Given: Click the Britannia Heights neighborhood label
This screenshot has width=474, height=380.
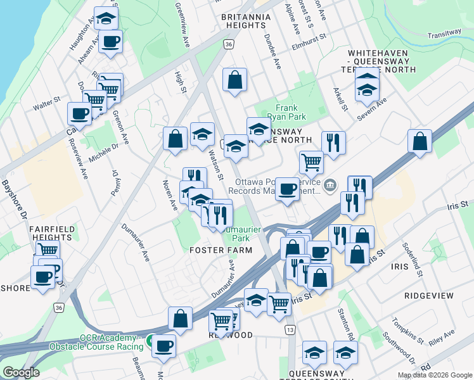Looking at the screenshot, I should click(x=243, y=21).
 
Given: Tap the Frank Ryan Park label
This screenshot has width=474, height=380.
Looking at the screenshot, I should click(x=291, y=113).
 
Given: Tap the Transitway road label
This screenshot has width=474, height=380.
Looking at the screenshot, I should click(x=445, y=33).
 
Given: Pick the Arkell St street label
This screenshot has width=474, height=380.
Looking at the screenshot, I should click(x=340, y=99).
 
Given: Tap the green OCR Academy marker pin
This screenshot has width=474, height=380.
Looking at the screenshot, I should click(x=153, y=341).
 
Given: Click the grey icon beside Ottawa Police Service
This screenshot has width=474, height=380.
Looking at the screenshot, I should click(x=330, y=185).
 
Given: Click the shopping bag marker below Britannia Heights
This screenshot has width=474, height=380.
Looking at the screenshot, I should click(x=234, y=80).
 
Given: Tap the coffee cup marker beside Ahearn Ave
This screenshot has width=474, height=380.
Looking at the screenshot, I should click(x=110, y=42).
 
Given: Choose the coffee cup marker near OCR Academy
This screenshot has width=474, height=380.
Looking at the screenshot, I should click(x=164, y=346).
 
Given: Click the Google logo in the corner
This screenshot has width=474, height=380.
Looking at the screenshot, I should click(x=21, y=372).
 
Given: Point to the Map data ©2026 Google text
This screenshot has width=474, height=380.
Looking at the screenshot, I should click(x=434, y=375).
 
